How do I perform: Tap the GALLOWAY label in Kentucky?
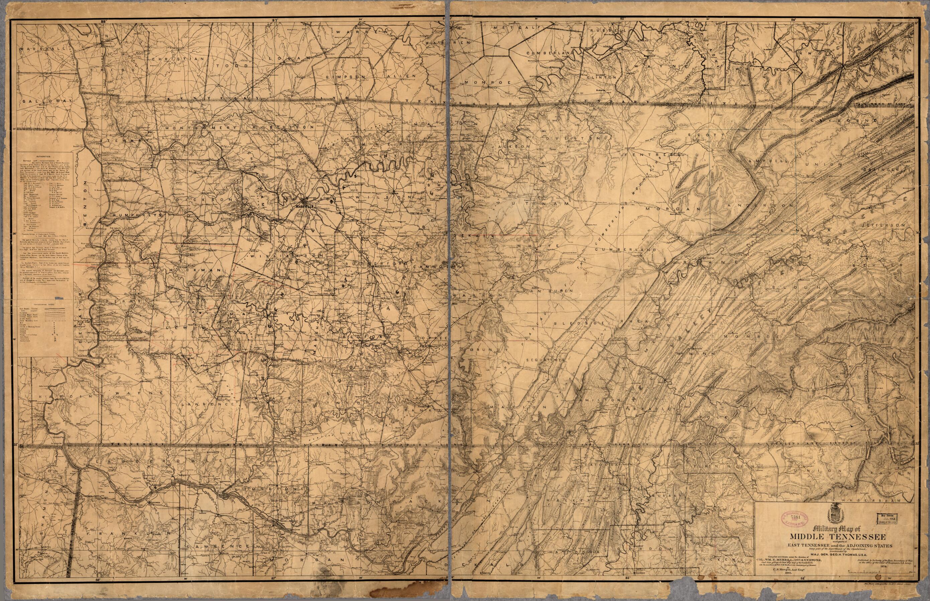click(x=47, y=101)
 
